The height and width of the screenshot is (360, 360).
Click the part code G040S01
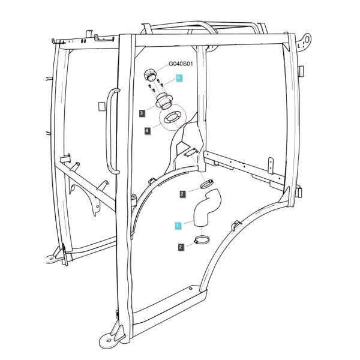click(x=181, y=64)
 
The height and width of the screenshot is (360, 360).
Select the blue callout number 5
click(x=179, y=78)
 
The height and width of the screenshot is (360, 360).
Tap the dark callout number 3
click(x=142, y=113)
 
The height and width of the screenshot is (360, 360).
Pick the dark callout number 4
click(x=147, y=131)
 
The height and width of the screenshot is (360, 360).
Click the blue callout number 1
click(x=178, y=226)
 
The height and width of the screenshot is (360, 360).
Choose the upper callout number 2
click(x=182, y=194)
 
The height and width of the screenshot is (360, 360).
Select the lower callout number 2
click(x=181, y=247)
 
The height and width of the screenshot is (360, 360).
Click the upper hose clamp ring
click(x=206, y=184)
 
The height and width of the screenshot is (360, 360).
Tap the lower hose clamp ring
click(x=202, y=240)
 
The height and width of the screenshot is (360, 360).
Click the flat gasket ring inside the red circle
click(x=173, y=118)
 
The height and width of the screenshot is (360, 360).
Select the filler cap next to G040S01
click(x=149, y=75)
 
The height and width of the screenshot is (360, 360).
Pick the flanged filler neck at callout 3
click(x=163, y=101)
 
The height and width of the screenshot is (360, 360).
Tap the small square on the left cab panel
click(x=102, y=107)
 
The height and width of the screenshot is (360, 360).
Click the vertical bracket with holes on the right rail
click(x=271, y=166)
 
